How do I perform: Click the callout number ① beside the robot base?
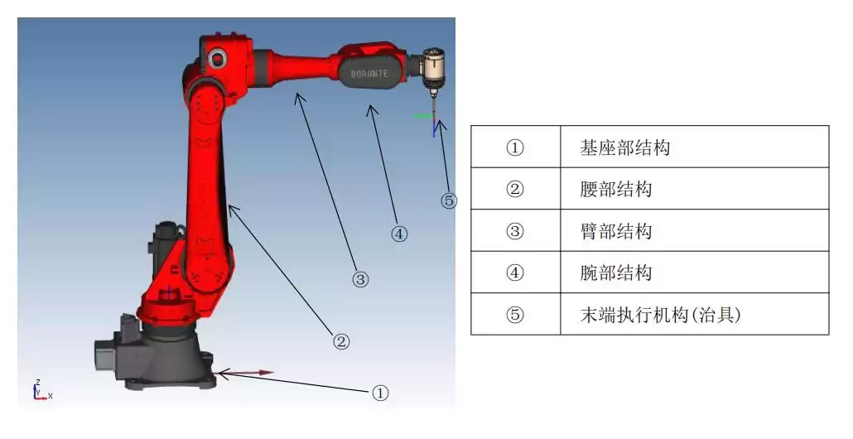click(379, 393)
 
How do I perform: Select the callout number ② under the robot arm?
click(341, 340)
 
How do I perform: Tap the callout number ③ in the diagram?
click(360, 280)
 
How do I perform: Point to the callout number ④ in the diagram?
click(399, 234)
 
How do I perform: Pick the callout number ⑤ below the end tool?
click(449, 200)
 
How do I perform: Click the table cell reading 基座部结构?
click(625, 147)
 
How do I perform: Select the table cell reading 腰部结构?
click(616, 189)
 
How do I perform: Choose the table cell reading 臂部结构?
click(616, 230)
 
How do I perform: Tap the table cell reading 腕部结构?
click(616, 273)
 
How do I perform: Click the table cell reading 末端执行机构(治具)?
click(659, 314)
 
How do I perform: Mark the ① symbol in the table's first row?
click(515, 147)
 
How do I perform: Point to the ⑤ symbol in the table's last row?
click(515, 314)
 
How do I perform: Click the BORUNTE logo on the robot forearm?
click(369, 74)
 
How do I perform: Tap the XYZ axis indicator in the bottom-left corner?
click(40, 391)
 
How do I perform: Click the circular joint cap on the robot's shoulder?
click(217, 59)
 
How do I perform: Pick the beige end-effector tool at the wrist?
click(433, 66)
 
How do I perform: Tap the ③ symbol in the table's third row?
click(515, 230)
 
